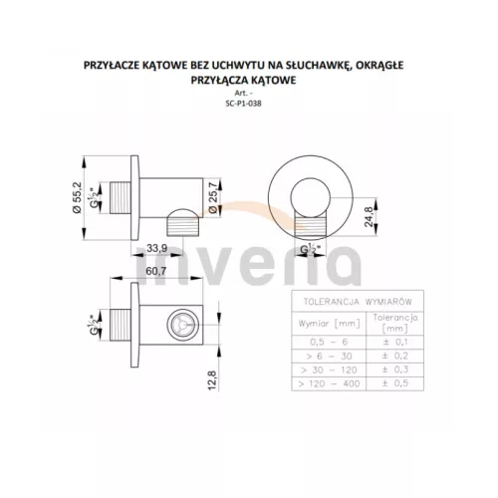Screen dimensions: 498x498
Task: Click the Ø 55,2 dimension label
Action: click(x=77, y=197)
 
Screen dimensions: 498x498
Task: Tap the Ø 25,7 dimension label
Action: click(x=213, y=197)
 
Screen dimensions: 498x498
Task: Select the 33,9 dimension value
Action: click(x=156, y=248)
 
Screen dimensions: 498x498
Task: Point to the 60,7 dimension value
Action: click(x=156, y=271)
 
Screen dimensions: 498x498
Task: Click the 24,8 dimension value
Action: click(x=369, y=216)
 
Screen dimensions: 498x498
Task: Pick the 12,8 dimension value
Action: click(x=212, y=380)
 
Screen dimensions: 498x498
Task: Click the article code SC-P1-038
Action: click(x=243, y=104)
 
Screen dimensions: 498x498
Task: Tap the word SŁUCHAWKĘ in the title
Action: click(x=318, y=66)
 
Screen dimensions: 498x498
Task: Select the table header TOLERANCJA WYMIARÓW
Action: click(x=358, y=302)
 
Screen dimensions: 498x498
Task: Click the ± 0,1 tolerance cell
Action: click(x=395, y=342)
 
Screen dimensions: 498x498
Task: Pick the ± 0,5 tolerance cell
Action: click(x=395, y=383)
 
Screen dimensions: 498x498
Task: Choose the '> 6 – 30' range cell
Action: click(x=329, y=357)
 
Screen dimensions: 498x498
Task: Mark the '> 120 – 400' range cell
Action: click(x=329, y=383)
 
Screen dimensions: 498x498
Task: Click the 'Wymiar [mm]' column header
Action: click(x=329, y=324)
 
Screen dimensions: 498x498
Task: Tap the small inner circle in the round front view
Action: click(x=311, y=198)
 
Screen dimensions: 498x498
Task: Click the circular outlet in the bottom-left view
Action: click(x=183, y=325)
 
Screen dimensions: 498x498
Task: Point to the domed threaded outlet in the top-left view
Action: click(x=183, y=222)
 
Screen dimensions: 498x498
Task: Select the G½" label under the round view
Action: click(x=311, y=249)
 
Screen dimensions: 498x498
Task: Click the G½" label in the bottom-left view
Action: click(x=95, y=324)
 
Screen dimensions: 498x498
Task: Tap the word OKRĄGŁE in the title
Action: click(x=379, y=66)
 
